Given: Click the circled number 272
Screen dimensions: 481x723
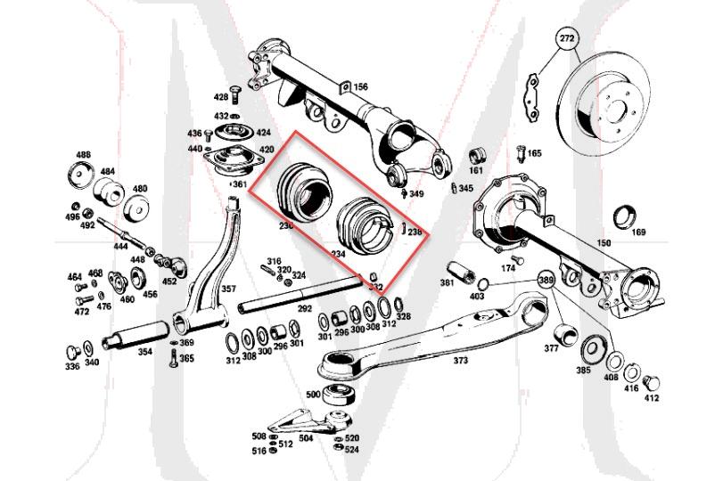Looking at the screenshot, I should pos(567,38).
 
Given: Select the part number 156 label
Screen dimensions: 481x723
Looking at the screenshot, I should pos(360,86).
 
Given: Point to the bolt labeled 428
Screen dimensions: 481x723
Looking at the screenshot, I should pos(234,94).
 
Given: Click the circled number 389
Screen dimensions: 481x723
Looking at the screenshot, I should pos(546,280).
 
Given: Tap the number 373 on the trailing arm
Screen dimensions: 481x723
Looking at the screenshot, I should pos(460,360).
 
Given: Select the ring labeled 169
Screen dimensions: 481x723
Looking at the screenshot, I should pos(627,216).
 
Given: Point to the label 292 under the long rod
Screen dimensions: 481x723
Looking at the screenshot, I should pos(305,309).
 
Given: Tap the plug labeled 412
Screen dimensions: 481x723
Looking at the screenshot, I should pos(651,383).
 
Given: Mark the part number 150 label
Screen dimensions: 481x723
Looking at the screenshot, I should pos(604,242).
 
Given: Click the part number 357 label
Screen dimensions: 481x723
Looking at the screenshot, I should pos(228,289).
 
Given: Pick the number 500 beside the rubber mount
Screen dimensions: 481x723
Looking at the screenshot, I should pos(313,394).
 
